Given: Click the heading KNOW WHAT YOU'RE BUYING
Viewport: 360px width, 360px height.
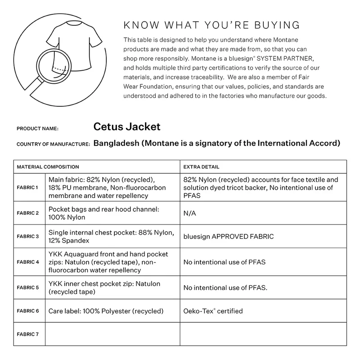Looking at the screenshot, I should [211, 25].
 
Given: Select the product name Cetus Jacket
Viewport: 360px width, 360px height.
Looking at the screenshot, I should [127, 127].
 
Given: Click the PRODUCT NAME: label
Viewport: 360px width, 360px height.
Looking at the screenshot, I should [37, 129].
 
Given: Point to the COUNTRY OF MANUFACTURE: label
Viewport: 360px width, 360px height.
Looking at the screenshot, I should [53, 144].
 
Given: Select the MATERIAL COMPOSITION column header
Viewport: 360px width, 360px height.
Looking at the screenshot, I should [48, 167].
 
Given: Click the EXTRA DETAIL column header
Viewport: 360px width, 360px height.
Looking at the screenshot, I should [201, 167].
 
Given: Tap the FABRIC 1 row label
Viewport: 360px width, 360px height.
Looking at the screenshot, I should [28, 187].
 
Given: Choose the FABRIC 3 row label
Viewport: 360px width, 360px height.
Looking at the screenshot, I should [28, 236].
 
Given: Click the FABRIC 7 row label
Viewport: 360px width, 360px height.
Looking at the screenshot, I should [28, 334].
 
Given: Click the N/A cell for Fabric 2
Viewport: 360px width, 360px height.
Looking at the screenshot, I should [189, 213].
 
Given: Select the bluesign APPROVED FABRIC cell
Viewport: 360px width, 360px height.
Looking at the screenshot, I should [228, 236].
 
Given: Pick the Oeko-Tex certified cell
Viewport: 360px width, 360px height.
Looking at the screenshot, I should [213, 311].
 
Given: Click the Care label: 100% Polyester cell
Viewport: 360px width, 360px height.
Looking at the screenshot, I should [106, 311].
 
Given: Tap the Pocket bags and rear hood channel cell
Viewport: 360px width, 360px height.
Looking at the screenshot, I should [104, 213].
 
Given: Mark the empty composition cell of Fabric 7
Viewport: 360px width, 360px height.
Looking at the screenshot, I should [112, 334].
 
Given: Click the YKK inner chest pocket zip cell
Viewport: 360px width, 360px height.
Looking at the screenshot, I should [104, 288].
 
